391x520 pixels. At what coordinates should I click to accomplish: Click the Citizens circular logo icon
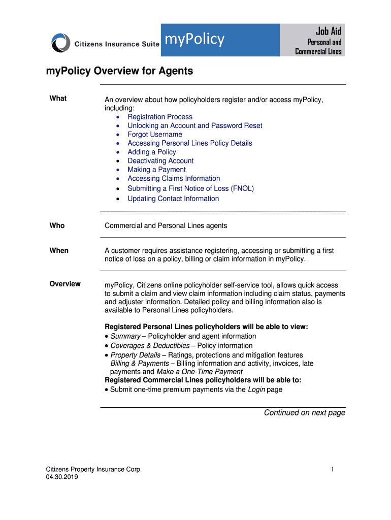61,42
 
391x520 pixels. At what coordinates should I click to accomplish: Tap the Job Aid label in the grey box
329,31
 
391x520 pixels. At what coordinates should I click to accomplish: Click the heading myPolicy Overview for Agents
120,71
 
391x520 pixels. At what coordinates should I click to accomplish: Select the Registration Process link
160,117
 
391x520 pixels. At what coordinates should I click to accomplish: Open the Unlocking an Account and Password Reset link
195,125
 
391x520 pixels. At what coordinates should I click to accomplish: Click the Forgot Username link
155,135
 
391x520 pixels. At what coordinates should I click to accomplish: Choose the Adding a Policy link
152,152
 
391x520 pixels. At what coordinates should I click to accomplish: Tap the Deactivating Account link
160,161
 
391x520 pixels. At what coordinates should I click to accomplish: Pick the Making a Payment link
156,170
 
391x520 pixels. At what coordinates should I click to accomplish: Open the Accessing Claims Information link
174,178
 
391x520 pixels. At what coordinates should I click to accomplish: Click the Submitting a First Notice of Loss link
190,188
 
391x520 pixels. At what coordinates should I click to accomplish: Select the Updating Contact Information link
173,199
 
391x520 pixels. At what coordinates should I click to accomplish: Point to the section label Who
57,225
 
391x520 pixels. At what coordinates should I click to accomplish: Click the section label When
59,250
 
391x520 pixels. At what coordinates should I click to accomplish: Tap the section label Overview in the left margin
65,284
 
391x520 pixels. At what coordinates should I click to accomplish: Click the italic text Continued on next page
304,412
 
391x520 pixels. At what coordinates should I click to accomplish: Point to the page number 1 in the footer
332,470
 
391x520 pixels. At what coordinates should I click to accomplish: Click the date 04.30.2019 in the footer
62,477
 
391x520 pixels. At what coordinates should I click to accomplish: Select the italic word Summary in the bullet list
125,336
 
